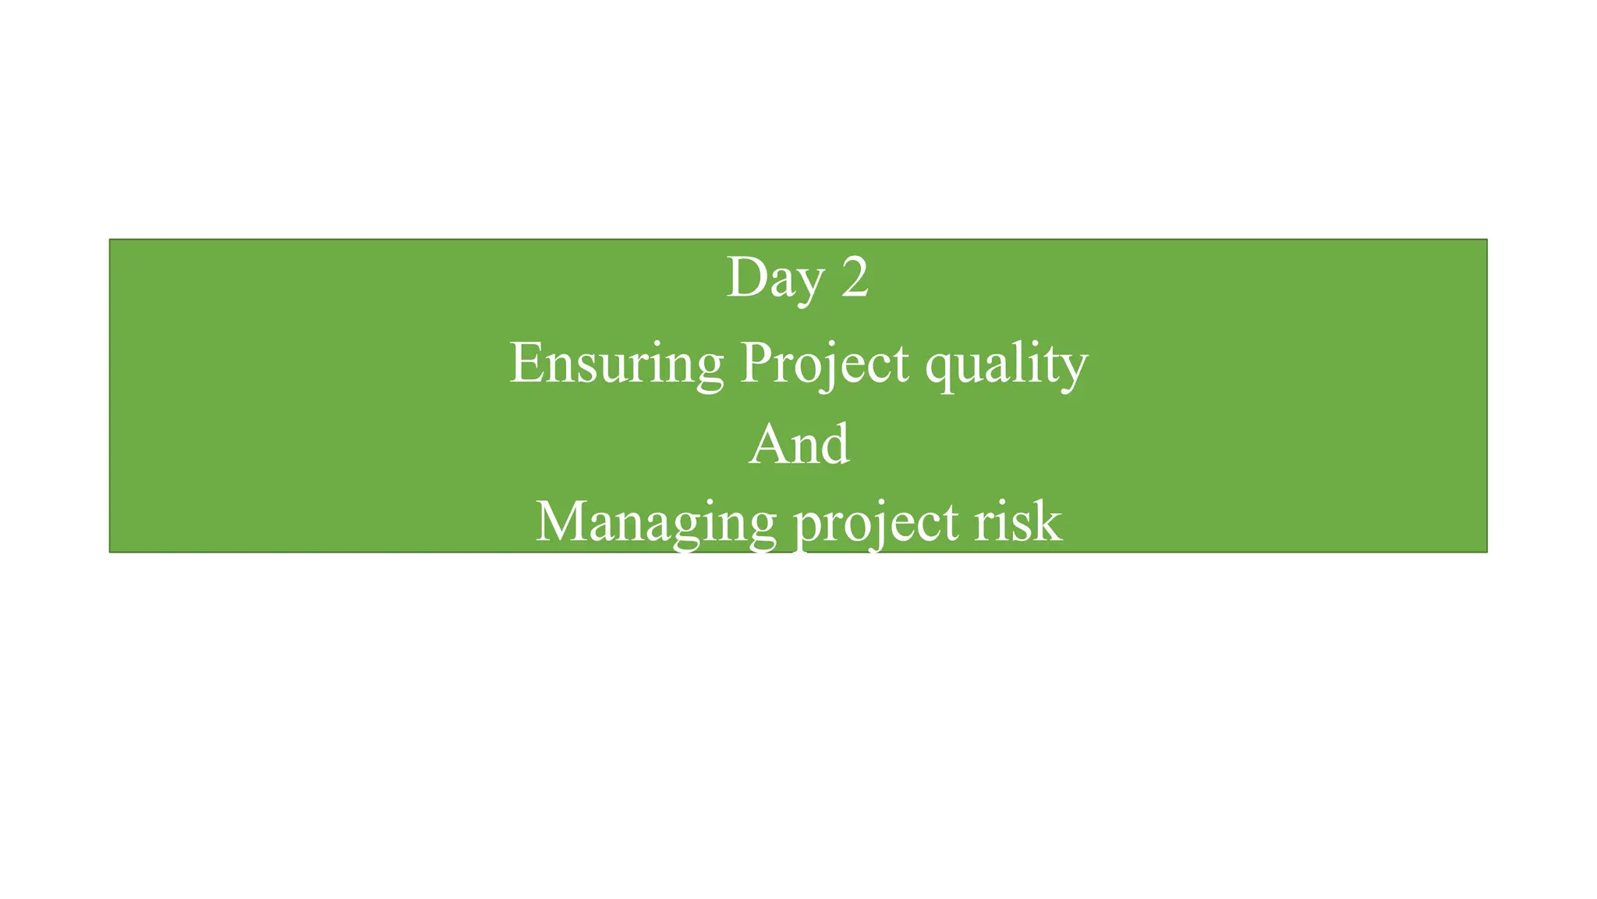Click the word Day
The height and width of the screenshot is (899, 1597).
(x=774, y=279)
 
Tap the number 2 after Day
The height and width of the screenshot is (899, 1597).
(x=855, y=278)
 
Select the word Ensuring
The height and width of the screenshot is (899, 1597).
(x=616, y=363)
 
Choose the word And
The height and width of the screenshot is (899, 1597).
(x=798, y=444)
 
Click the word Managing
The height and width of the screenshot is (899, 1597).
(x=656, y=522)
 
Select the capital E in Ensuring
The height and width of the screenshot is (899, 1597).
(x=526, y=363)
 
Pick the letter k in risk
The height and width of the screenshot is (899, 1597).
(x=1049, y=521)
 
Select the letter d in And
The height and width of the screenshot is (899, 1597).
(x=835, y=444)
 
